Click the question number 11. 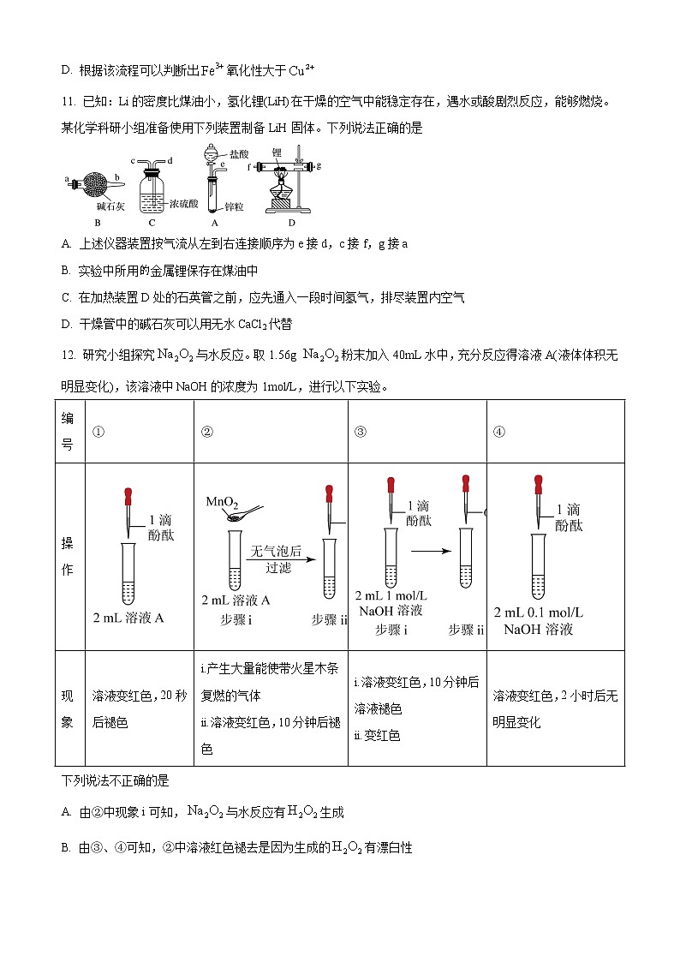click(x=68, y=102)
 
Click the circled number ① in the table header click(x=98, y=432)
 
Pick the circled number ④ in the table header click(x=499, y=432)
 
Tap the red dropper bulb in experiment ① click(x=128, y=495)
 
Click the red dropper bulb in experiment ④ click(x=539, y=483)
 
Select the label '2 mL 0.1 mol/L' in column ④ click(x=539, y=612)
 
